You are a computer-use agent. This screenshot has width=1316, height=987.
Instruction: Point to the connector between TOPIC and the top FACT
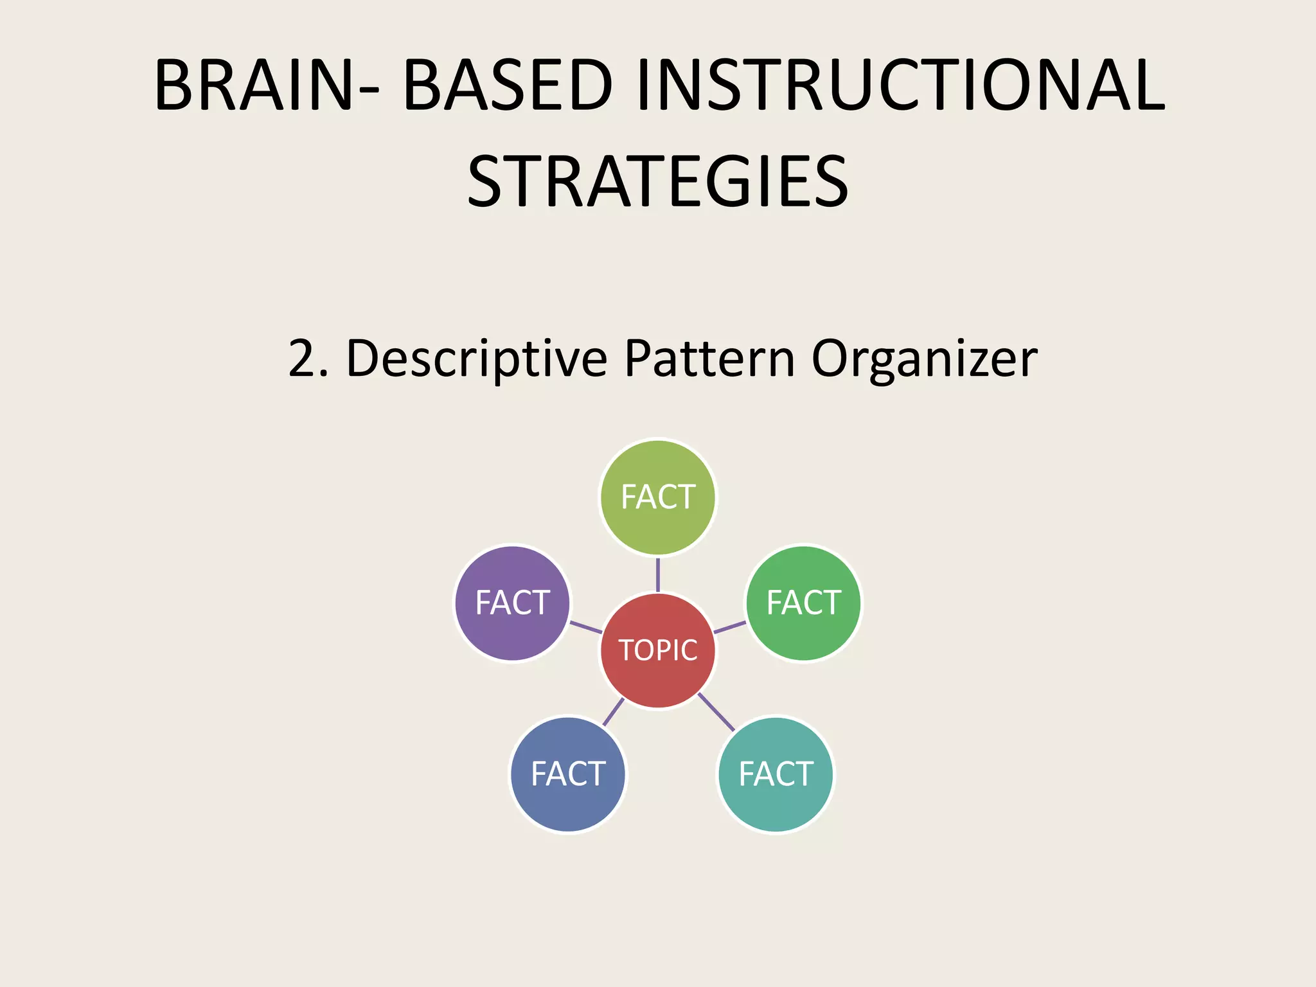pos(657,574)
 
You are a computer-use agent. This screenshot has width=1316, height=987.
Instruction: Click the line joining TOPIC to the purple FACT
pos(585,627)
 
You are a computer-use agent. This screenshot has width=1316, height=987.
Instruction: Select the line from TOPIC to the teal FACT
pos(716,712)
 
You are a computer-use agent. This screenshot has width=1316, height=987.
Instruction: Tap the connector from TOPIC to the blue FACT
pos(614,711)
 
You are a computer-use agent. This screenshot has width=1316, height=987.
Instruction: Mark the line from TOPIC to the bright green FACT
pos(730,627)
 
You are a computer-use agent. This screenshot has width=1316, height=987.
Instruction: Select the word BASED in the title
pos(508,85)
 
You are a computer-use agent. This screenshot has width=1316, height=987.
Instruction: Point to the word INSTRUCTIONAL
pos(900,85)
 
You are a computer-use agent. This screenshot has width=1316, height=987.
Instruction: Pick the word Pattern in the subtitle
pos(710,359)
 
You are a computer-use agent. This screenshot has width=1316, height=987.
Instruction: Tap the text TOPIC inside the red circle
pos(657,650)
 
